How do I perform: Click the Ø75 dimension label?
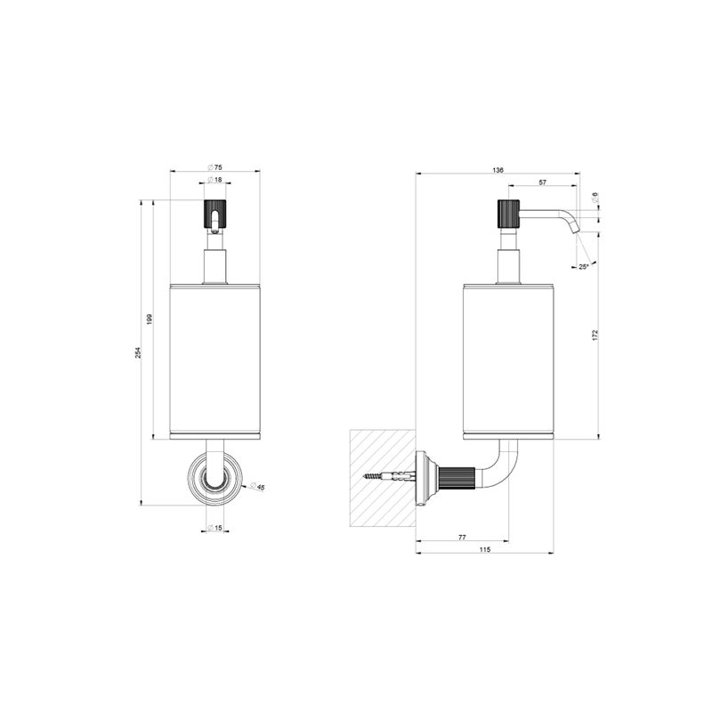tap(214, 166)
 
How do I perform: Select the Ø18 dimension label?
tap(214, 180)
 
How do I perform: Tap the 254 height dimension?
tap(138, 352)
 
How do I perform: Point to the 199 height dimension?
tap(150, 319)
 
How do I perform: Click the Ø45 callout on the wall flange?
tap(257, 486)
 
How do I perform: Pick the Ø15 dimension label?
tap(214, 528)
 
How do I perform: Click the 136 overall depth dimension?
tap(498, 170)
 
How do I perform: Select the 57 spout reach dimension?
tap(542, 182)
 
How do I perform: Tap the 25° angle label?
tap(584, 266)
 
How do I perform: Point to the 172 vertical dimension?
tap(595, 335)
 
